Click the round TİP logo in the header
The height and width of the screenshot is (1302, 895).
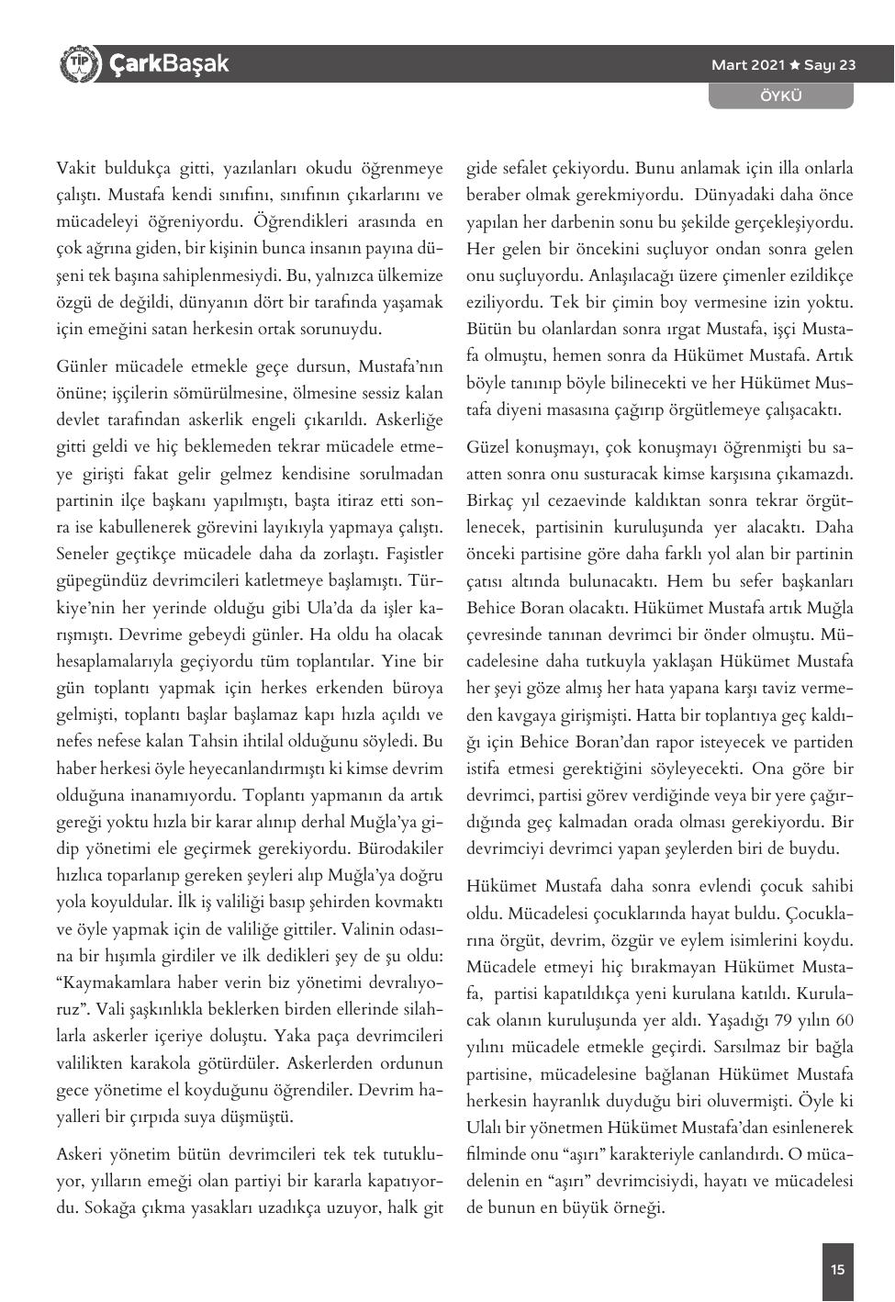(x=78, y=63)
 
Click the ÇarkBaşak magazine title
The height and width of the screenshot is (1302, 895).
(x=169, y=63)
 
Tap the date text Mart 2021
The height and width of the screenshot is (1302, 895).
(x=748, y=65)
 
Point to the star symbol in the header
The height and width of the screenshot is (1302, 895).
(x=795, y=65)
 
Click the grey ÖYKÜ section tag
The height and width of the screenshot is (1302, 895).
(x=781, y=95)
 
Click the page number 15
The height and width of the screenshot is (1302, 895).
(x=837, y=1270)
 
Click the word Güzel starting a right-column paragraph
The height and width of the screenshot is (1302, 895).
(x=488, y=447)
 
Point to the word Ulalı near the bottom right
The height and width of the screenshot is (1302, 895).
(x=486, y=1127)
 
